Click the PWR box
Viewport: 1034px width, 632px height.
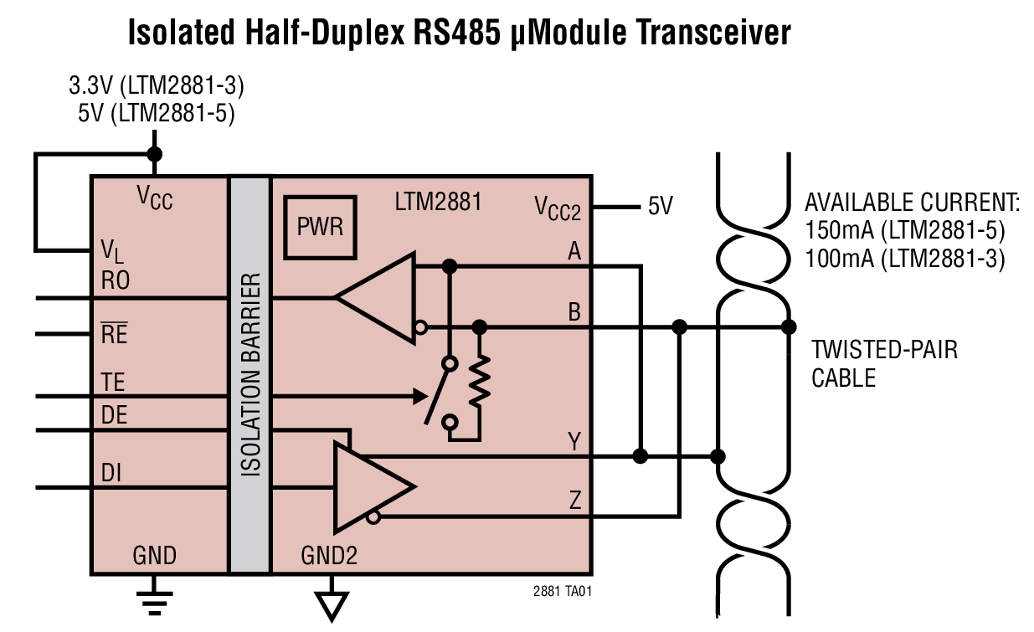321,227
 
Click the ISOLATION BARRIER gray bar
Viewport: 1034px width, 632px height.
249,374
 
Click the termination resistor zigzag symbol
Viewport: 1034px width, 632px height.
480,381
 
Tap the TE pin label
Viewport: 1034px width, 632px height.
112,383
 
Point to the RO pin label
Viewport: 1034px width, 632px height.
115,281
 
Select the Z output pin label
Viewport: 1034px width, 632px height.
574,501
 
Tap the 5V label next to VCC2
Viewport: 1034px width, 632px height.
660,206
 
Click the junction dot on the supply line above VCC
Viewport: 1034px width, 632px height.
154,154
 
